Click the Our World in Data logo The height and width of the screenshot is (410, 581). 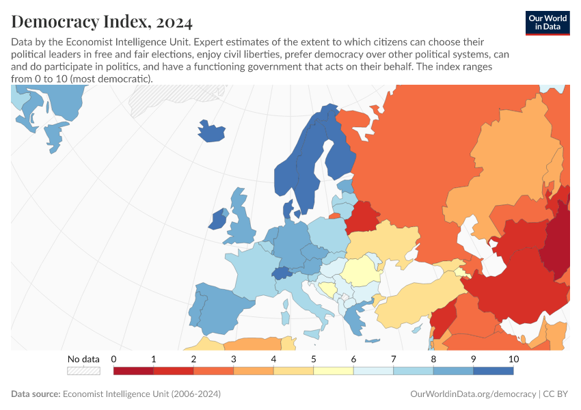(547, 23)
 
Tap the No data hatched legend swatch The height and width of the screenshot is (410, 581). (83, 370)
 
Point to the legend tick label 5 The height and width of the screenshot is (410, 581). (313, 359)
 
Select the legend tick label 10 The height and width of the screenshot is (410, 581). (513, 359)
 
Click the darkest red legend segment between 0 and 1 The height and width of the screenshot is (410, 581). (133, 370)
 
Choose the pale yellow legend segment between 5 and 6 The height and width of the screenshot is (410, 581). (333, 370)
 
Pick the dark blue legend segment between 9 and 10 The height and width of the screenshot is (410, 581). (493, 370)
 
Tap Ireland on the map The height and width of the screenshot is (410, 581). (218, 220)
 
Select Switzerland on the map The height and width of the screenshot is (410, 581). (282, 273)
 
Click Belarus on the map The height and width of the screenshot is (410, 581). (362, 217)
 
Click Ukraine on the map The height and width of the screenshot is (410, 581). (386, 241)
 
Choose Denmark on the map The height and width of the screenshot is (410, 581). (288, 209)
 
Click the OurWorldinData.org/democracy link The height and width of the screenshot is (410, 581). (472, 394)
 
